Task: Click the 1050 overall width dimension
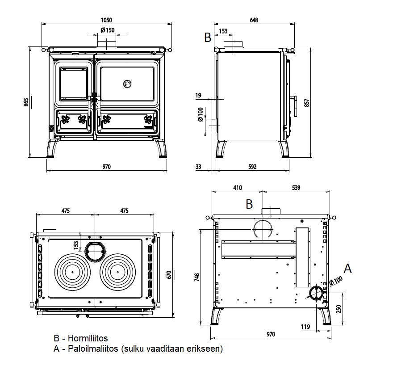tap(106, 20)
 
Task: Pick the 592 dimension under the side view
tap(252, 167)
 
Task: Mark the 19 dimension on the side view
tap(198, 95)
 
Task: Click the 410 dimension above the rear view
tap(237, 187)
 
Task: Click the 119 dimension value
tap(305, 327)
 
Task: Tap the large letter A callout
tap(347, 269)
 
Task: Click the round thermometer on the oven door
tap(127, 84)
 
